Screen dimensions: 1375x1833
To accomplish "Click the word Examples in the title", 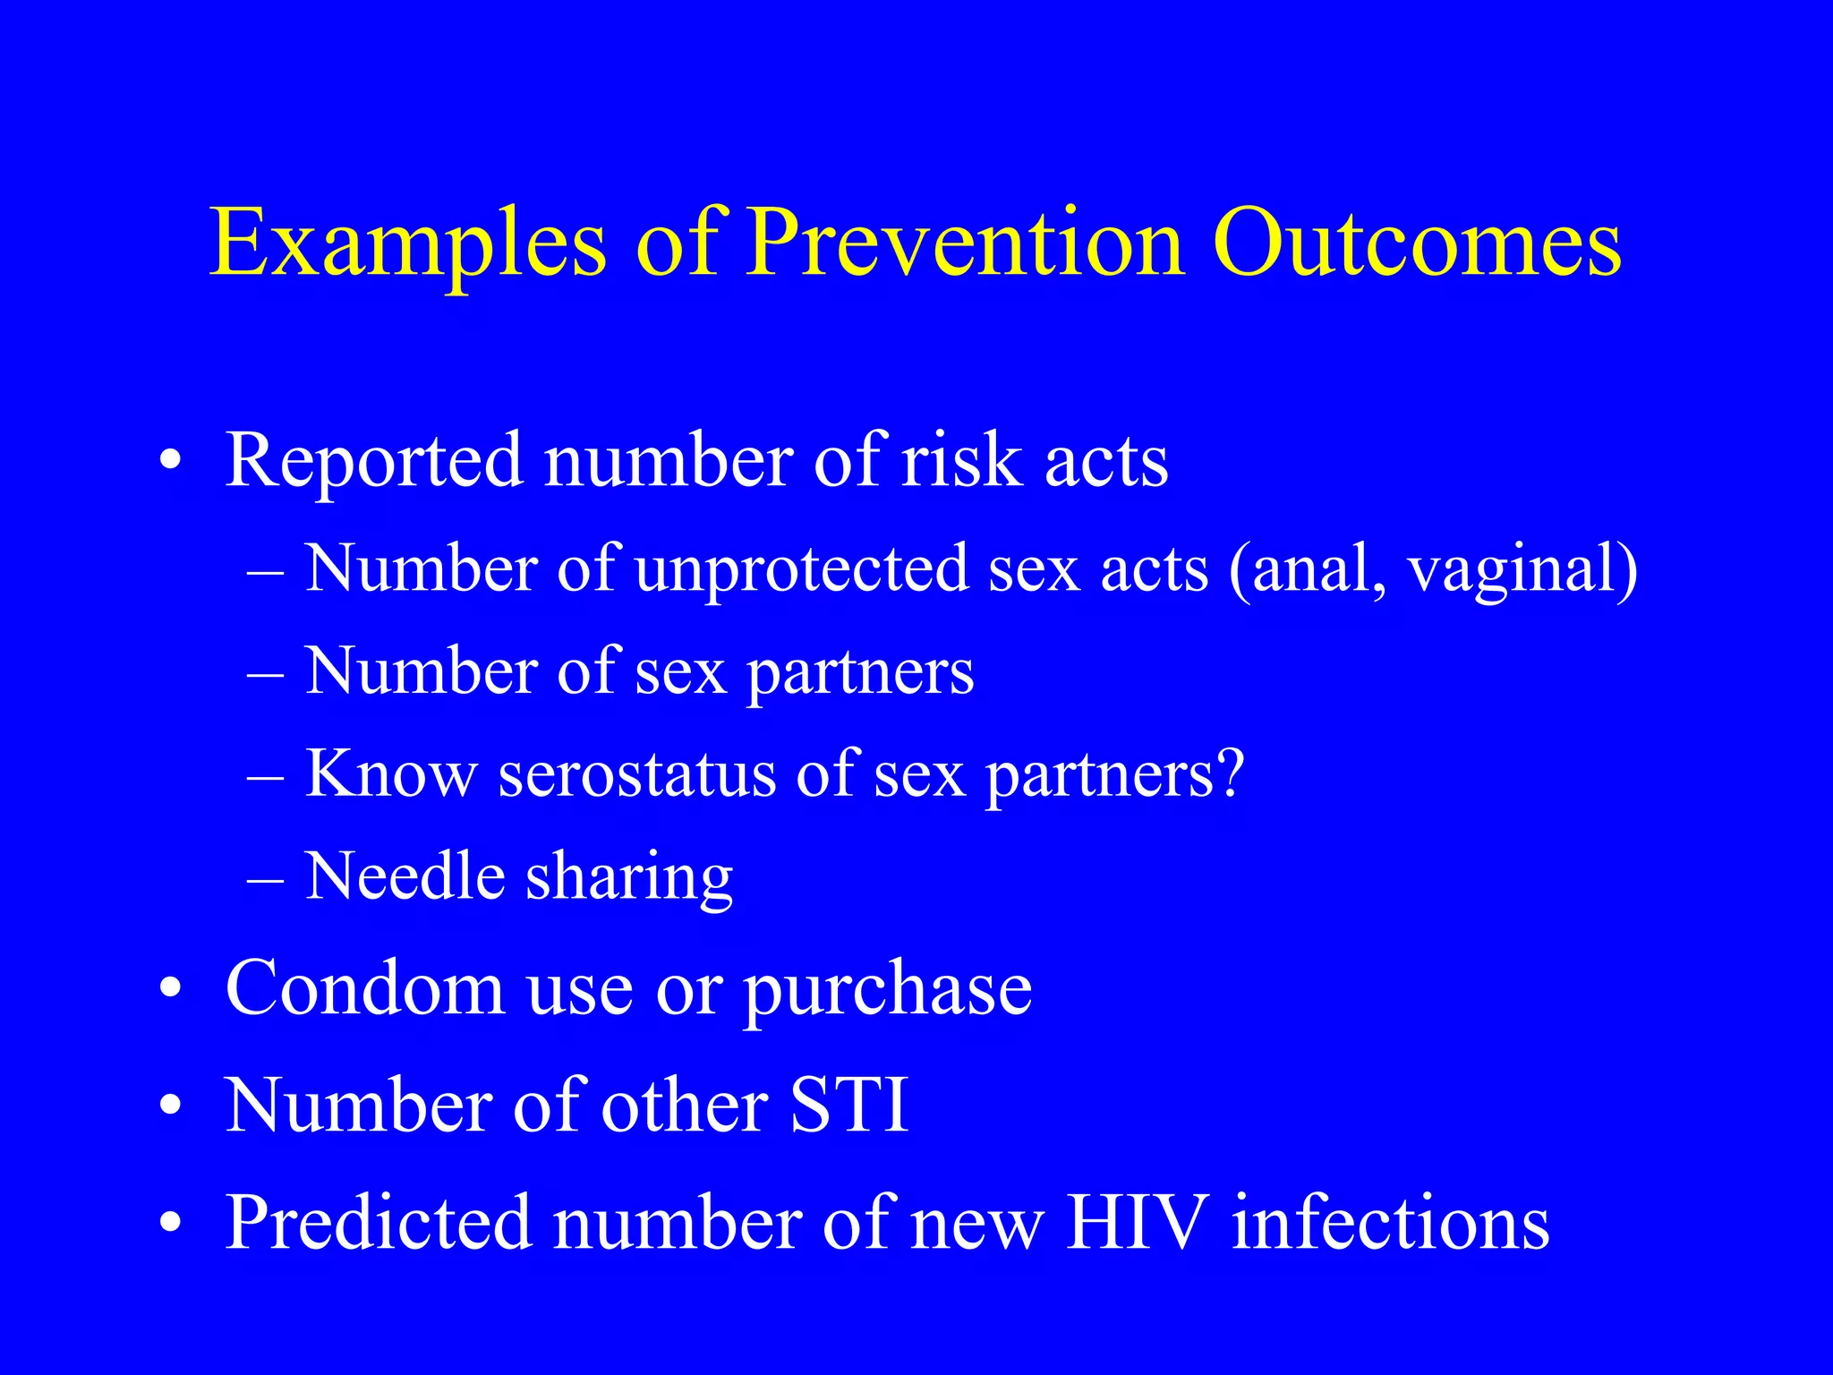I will (x=408, y=243).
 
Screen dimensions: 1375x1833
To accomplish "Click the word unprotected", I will (x=802, y=569).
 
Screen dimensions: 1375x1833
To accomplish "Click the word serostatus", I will (x=636, y=774).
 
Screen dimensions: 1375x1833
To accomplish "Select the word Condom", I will (x=365, y=988).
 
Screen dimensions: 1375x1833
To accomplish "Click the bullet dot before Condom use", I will (x=171, y=990).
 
